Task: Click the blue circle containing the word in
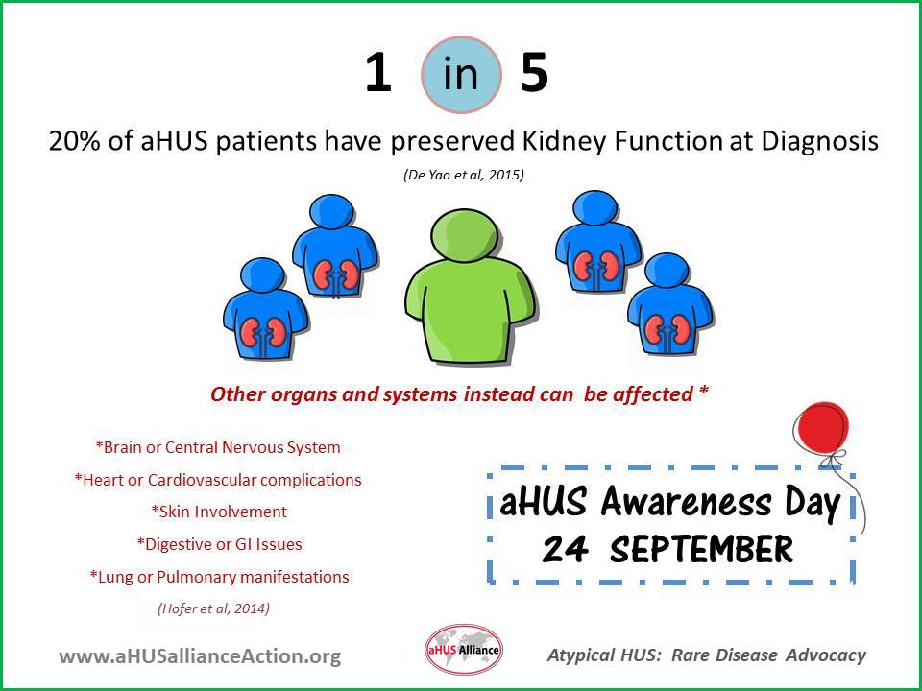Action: click(462, 75)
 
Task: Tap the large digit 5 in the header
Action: click(534, 73)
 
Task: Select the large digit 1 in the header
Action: click(377, 73)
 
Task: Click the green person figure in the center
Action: click(471, 287)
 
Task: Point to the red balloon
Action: click(821, 428)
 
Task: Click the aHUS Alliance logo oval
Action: click(464, 650)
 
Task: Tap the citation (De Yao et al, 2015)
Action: click(463, 175)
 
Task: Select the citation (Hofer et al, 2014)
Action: click(214, 608)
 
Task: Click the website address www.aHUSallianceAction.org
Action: click(200, 655)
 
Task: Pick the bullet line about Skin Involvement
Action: click(219, 512)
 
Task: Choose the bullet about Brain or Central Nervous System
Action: click(218, 447)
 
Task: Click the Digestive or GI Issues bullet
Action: click(219, 544)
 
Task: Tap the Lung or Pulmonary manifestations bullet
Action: click(219, 577)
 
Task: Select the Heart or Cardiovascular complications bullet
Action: click(218, 480)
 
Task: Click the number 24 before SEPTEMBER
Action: click(565, 549)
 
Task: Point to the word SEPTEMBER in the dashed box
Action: click(701, 549)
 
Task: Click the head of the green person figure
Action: click(465, 234)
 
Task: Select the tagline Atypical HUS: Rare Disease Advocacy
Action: click(707, 655)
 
